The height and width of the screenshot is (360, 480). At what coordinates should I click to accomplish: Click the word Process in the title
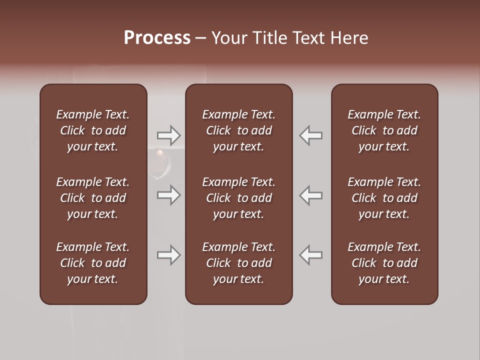pyautogui.click(x=157, y=38)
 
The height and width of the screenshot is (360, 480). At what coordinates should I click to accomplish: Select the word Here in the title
pyautogui.click(x=349, y=38)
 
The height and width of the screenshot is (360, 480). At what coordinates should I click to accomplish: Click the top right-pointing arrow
pyautogui.click(x=168, y=135)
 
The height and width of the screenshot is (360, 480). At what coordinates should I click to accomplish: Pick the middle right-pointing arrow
pyautogui.click(x=168, y=195)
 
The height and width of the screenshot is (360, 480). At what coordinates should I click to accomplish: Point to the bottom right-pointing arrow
pyautogui.click(x=168, y=255)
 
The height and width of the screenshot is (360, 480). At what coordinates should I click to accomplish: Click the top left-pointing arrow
pyautogui.click(x=311, y=135)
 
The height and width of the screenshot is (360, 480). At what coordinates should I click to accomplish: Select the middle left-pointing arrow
pyautogui.click(x=311, y=195)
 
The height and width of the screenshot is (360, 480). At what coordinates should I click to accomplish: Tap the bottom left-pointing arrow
pyautogui.click(x=311, y=255)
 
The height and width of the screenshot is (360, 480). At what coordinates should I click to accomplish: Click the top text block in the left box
pyautogui.click(x=93, y=130)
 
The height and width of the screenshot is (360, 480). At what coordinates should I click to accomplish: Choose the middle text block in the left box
pyautogui.click(x=93, y=198)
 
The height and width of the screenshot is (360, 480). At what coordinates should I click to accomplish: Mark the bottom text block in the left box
pyautogui.click(x=93, y=263)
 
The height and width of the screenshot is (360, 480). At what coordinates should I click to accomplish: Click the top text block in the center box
pyautogui.click(x=238, y=130)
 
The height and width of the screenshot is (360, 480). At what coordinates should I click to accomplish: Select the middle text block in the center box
pyautogui.click(x=238, y=198)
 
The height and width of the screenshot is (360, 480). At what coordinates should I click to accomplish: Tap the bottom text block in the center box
pyautogui.click(x=238, y=263)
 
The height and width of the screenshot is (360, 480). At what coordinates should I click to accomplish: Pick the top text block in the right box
pyautogui.click(x=384, y=130)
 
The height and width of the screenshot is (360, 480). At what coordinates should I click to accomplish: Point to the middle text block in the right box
pyautogui.click(x=384, y=198)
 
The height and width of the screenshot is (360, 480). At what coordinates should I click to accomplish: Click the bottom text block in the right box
pyautogui.click(x=384, y=263)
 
